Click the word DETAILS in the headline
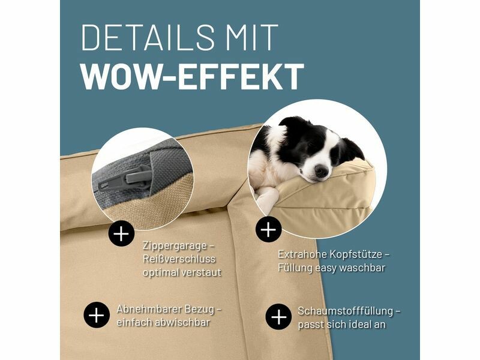click(x=148, y=38)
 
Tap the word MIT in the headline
click(x=251, y=38)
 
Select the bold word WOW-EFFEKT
click(x=193, y=77)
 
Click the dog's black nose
click(x=322, y=171)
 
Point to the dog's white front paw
click(x=267, y=196)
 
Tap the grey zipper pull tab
click(x=139, y=178)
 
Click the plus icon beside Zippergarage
click(x=122, y=233)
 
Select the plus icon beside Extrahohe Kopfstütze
click(x=268, y=229)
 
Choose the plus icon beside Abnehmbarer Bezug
click(x=97, y=316)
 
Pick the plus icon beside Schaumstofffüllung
click(x=278, y=317)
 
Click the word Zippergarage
click(x=175, y=247)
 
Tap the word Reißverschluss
click(x=179, y=259)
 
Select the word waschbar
click(x=362, y=268)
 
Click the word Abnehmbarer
click(x=149, y=309)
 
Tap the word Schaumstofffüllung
click(x=346, y=311)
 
